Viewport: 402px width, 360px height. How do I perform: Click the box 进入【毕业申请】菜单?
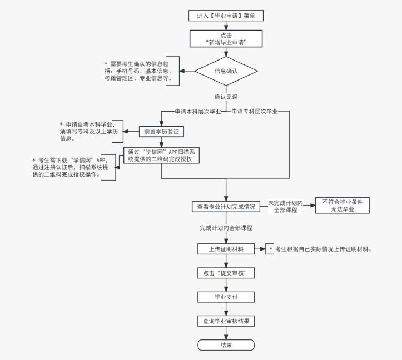coord(226,16)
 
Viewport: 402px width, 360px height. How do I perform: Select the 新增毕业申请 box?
coord(226,38)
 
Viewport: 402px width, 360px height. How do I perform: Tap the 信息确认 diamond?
coord(226,71)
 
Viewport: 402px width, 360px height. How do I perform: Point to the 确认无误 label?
coord(226,97)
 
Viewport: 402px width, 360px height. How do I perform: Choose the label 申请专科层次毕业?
coord(254,111)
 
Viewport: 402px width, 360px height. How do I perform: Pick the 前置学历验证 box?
coord(161,132)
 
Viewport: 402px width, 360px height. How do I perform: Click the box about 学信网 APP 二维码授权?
coord(161,155)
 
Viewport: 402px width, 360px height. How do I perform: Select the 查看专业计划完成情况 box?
coord(226,207)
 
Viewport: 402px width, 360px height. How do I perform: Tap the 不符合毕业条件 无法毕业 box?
coord(342,206)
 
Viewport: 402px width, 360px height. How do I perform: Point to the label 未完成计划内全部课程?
coord(285,206)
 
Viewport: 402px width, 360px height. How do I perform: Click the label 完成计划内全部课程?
coord(226,228)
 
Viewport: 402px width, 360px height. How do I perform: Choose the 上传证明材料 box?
coord(226,249)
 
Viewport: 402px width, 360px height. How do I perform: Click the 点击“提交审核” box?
coord(226,273)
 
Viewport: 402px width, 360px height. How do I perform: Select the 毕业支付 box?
coord(226,297)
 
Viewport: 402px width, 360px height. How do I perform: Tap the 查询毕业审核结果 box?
coord(226,321)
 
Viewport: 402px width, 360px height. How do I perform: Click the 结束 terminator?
coord(226,345)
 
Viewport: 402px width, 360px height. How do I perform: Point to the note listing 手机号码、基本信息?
coord(141,71)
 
